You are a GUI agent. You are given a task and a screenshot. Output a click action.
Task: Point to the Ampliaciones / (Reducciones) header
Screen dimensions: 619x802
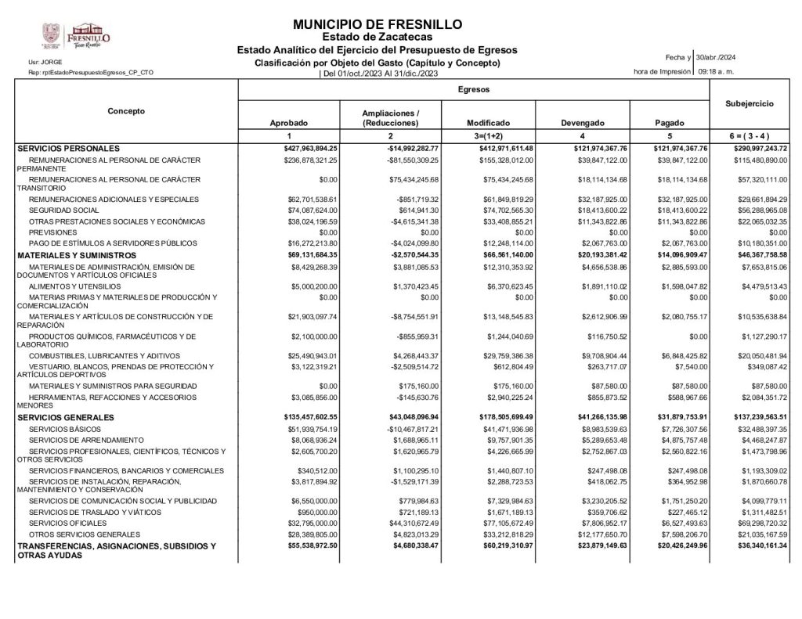pos(390,119)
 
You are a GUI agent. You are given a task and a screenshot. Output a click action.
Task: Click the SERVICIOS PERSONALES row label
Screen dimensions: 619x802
pos(68,148)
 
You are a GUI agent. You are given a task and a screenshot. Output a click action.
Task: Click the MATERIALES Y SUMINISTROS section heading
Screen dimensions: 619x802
pos(77,255)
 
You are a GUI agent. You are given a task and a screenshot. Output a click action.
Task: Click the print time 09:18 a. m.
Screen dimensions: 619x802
pos(715,72)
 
